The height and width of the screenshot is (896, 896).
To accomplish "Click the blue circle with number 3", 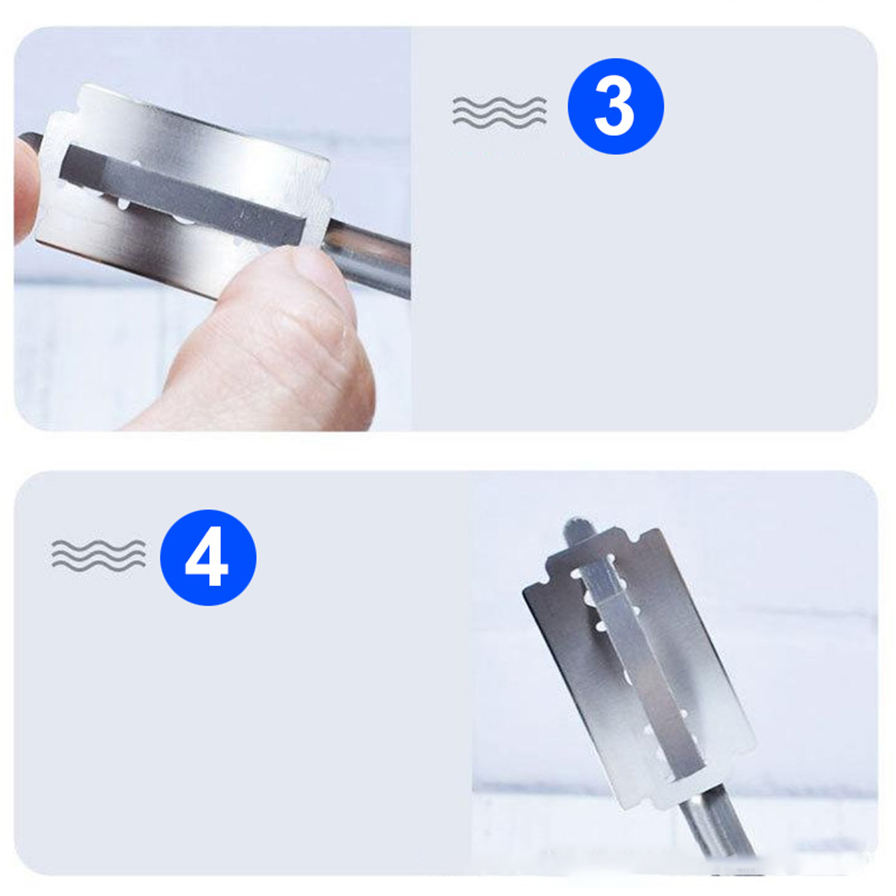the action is (x=615, y=106).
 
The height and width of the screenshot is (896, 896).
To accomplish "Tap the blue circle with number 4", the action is (x=208, y=557).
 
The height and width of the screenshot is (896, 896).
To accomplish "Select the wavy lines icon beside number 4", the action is (x=99, y=556).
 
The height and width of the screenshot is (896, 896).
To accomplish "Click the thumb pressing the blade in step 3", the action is (x=269, y=342).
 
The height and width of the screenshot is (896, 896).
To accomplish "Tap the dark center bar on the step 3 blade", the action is (x=182, y=196).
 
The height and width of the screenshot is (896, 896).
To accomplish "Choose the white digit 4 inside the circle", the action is (x=207, y=557).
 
